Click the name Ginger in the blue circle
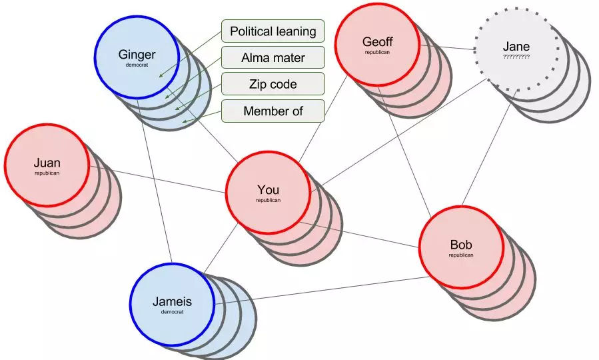(137, 55)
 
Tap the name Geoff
(377, 41)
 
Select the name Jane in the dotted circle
(516, 46)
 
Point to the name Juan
(47, 163)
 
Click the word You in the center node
(268, 189)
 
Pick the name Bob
(461, 245)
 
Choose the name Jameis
(173, 301)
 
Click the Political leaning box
(273, 31)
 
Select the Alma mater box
(273, 58)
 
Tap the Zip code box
(273, 84)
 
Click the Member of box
(273, 111)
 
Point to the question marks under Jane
(516, 57)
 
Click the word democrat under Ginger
(137, 65)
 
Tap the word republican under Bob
(461, 255)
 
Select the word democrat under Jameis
(173, 312)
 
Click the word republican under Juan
(47, 173)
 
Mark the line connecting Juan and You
(157, 179)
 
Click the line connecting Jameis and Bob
(322, 291)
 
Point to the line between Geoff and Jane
(447, 47)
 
